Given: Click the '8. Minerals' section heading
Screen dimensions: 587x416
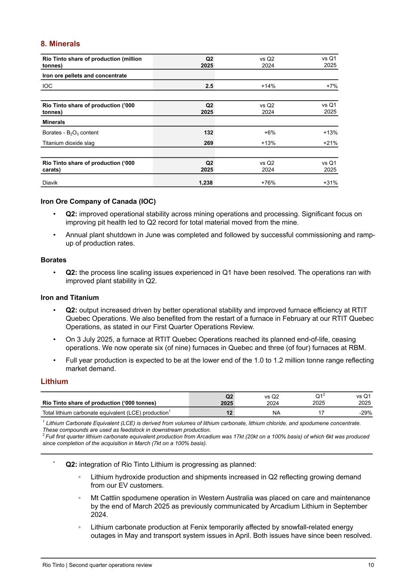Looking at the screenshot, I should coord(60,44).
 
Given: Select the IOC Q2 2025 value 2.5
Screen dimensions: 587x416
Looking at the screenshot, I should coord(209,86).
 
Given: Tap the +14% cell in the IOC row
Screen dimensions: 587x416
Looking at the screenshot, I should coord(268,86).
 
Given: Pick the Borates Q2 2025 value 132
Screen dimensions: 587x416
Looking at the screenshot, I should coord(208,132).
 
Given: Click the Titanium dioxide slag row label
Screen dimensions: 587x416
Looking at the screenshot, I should coord(68,143).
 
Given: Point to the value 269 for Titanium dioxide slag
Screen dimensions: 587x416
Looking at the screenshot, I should coord(208,143).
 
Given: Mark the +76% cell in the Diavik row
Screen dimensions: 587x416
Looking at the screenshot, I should coord(268,183).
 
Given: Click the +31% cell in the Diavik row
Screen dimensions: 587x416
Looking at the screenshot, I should coord(330,183).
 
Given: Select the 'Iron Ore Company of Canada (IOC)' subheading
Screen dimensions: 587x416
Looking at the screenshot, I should coord(98,201).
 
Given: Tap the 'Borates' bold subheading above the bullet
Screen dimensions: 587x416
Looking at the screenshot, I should coord(53,260).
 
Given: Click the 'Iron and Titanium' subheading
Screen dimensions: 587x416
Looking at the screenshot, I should coord(70,298).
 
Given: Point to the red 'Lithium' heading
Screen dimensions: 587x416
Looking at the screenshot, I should coord(54,381).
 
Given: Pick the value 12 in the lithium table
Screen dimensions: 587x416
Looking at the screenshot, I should coord(229,413).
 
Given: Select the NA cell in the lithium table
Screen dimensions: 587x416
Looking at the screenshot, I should coord(276,413).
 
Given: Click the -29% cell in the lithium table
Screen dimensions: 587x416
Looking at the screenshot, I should coord(365,413).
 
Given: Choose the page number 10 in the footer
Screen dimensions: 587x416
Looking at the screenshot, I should coord(371,565).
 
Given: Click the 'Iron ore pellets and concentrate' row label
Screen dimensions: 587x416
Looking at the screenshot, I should coord(85,76).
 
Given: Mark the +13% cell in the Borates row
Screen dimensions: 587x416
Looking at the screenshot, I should coord(330,132).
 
